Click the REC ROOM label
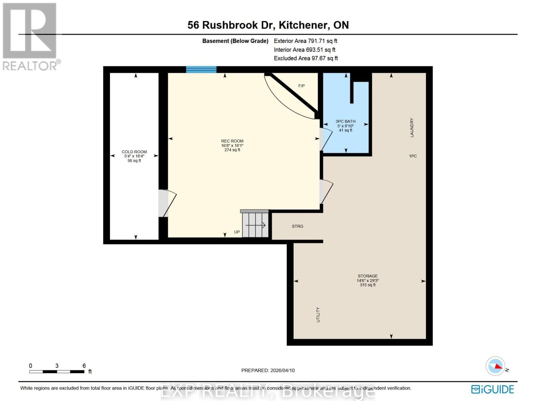pyautogui.click(x=232, y=141)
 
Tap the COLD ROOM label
pyautogui.click(x=134, y=152)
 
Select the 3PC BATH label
pyautogui.click(x=345, y=121)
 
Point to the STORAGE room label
pyautogui.click(x=368, y=276)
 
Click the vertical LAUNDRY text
pyautogui.click(x=412, y=128)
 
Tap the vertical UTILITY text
pyautogui.click(x=318, y=315)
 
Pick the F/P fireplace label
pyautogui.click(x=302, y=86)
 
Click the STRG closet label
pyautogui.click(x=297, y=226)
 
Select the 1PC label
pyautogui.click(x=413, y=156)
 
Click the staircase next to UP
pyautogui.click(x=255, y=225)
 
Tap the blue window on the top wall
pyautogui.click(x=201, y=70)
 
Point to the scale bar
pyautogui.click(x=57, y=371)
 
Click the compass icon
pyautogui.click(x=495, y=366)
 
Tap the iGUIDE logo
pyautogui.click(x=492, y=389)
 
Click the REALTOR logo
pyautogui.click(x=30, y=36)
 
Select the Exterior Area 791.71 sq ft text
pyautogui.click(x=305, y=41)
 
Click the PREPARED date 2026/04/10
pyautogui.click(x=268, y=370)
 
